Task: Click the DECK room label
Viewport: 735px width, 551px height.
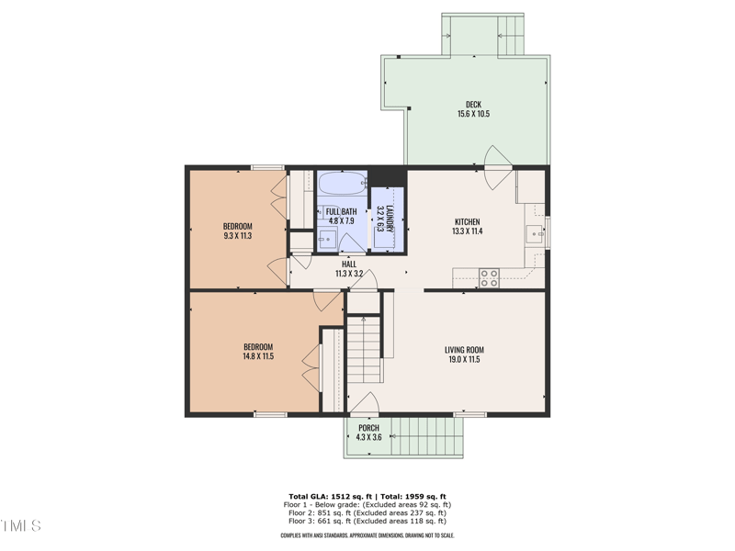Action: click(x=473, y=104)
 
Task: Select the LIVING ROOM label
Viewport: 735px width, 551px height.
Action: click(x=464, y=350)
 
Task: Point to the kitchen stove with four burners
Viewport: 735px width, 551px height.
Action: click(x=489, y=277)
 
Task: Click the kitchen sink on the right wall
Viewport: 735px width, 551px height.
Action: click(x=536, y=235)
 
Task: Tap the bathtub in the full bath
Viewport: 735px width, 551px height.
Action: click(x=342, y=183)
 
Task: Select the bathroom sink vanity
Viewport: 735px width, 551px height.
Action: click(x=326, y=240)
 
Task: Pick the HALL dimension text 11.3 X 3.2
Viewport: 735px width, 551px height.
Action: click(x=349, y=274)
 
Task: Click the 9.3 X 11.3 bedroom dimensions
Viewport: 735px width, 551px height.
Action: click(x=237, y=236)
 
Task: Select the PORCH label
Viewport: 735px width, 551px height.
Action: click(x=368, y=428)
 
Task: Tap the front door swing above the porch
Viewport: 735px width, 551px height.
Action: click(x=365, y=404)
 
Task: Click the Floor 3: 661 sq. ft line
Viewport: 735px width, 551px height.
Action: click(x=367, y=521)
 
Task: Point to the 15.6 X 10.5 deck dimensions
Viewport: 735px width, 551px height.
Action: click(x=473, y=115)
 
